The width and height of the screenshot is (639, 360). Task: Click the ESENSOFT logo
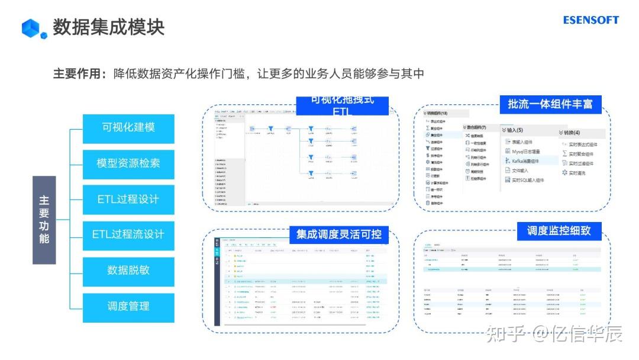coord(590,20)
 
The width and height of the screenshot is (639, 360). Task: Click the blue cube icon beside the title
coord(34,28)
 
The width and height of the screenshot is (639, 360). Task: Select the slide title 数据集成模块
coord(108,27)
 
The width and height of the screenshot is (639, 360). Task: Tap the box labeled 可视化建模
coord(128,128)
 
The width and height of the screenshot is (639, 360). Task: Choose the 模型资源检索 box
coord(128,163)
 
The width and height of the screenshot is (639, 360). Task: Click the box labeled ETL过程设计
coord(128,200)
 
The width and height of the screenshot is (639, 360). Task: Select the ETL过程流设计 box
coord(128,235)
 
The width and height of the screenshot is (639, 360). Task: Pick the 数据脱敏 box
coord(128,271)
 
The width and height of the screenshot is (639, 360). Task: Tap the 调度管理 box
coord(128,307)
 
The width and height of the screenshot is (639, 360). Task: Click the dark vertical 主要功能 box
coord(44,220)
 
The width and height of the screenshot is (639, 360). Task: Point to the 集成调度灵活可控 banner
coord(339,234)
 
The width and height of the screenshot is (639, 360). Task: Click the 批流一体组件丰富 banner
coord(550,104)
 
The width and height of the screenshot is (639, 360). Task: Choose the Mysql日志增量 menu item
coord(525,152)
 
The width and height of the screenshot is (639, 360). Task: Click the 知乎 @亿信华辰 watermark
coord(553,334)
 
